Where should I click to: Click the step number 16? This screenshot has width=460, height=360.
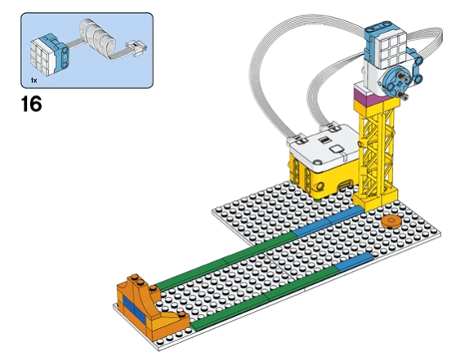tap(31, 104)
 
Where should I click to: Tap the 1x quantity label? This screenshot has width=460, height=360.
tap(33, 80)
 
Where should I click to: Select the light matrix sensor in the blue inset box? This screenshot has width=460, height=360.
tap(49, 54)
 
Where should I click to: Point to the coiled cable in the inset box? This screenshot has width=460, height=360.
tap(96, 38)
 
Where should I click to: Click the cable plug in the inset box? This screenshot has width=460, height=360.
tap(136, 48)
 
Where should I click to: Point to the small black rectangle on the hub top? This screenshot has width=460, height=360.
tap(324, 140)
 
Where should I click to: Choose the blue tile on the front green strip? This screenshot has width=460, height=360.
tap(354, 261)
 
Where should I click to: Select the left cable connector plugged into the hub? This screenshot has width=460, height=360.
tap(298, 139)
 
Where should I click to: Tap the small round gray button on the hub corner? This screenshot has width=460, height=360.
tap(317, 162)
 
